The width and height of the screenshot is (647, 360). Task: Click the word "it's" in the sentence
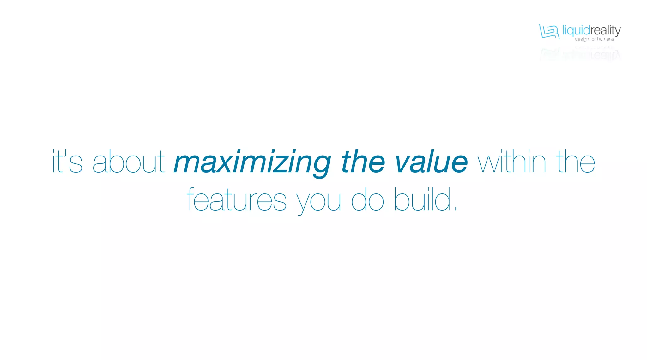tap(67, 162)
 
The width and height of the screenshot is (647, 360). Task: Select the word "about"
tap(129, 162)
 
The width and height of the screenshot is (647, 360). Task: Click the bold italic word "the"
tap(363, 162)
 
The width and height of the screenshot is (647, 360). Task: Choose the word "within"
tap(512, 162)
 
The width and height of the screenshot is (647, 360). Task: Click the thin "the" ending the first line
tap(575, 162)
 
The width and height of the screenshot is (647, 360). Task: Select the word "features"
tap(236, 200)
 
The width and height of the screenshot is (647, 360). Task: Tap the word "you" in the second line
tap(318, 202)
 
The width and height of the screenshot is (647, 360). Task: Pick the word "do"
tap(367, 200)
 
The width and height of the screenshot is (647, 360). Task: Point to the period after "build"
tap(455, 209)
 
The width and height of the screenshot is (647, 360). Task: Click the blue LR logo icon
tap(549, 31)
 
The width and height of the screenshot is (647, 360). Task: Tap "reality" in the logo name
tap(605, 31)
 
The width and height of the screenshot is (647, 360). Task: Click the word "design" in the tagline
tap(582, 39)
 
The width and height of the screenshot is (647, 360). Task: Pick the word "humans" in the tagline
tap(606, 39)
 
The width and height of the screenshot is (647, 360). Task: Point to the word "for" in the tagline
tap(593, 39)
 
